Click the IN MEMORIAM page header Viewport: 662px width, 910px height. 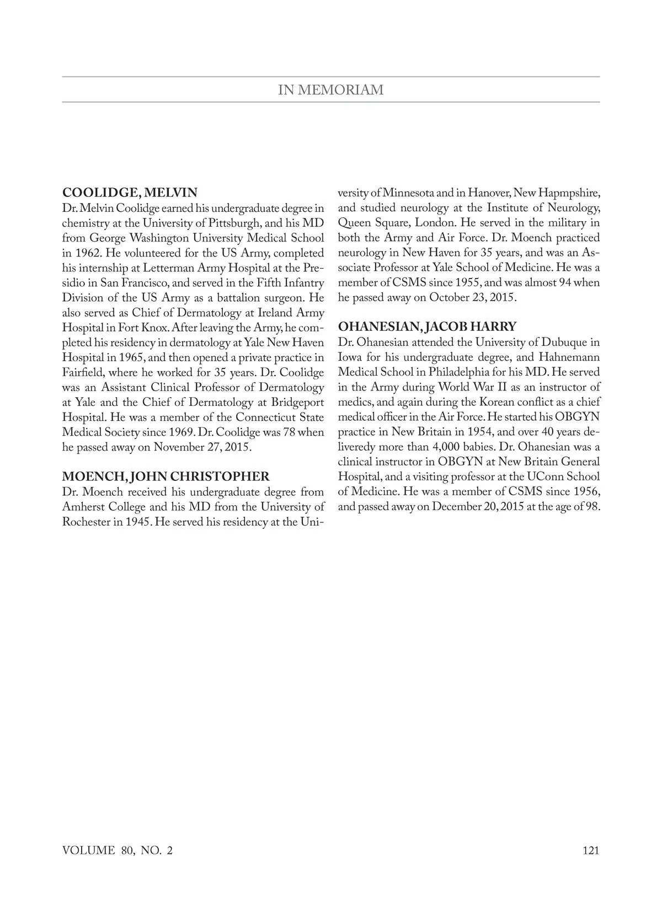coord(330,90)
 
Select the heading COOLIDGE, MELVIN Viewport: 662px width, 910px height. coord(130,193)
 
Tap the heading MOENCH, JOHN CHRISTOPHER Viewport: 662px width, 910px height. coord(166,477)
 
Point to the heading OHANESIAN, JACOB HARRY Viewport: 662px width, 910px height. coord(427,327)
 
